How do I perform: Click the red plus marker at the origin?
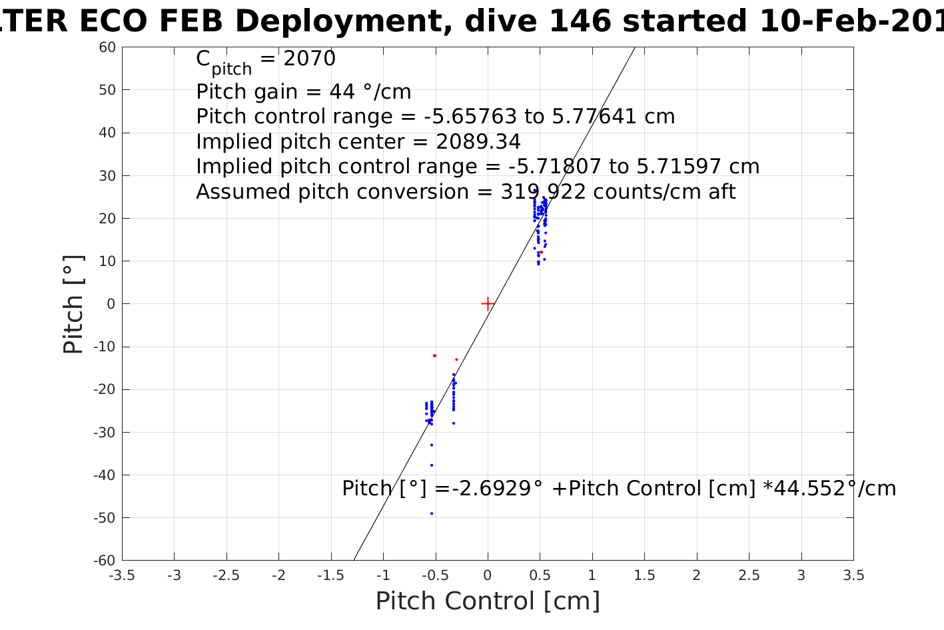[488, 304]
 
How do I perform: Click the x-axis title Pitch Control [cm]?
[488, 601]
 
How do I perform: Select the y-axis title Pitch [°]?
[73, 304]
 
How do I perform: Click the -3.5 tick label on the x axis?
[122, 575]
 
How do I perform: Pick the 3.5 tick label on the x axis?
[853, 575]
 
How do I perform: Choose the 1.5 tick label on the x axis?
[644, 575]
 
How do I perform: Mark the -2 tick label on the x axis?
[278, 575]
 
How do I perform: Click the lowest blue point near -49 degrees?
[432, 513]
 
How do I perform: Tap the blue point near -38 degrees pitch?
[432, 465]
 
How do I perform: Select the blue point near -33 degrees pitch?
[432, 445]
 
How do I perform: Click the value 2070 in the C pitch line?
[309, 59]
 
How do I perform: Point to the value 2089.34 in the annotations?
[478, 142]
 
